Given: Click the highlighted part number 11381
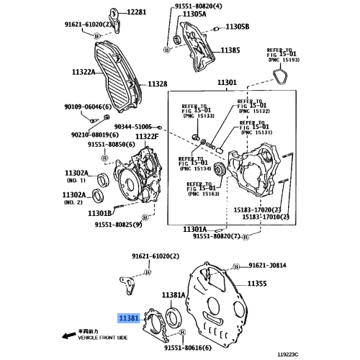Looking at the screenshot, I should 130,317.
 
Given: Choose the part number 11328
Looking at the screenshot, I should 158,84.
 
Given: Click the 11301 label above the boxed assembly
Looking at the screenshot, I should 225,83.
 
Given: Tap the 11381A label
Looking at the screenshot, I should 174,295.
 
